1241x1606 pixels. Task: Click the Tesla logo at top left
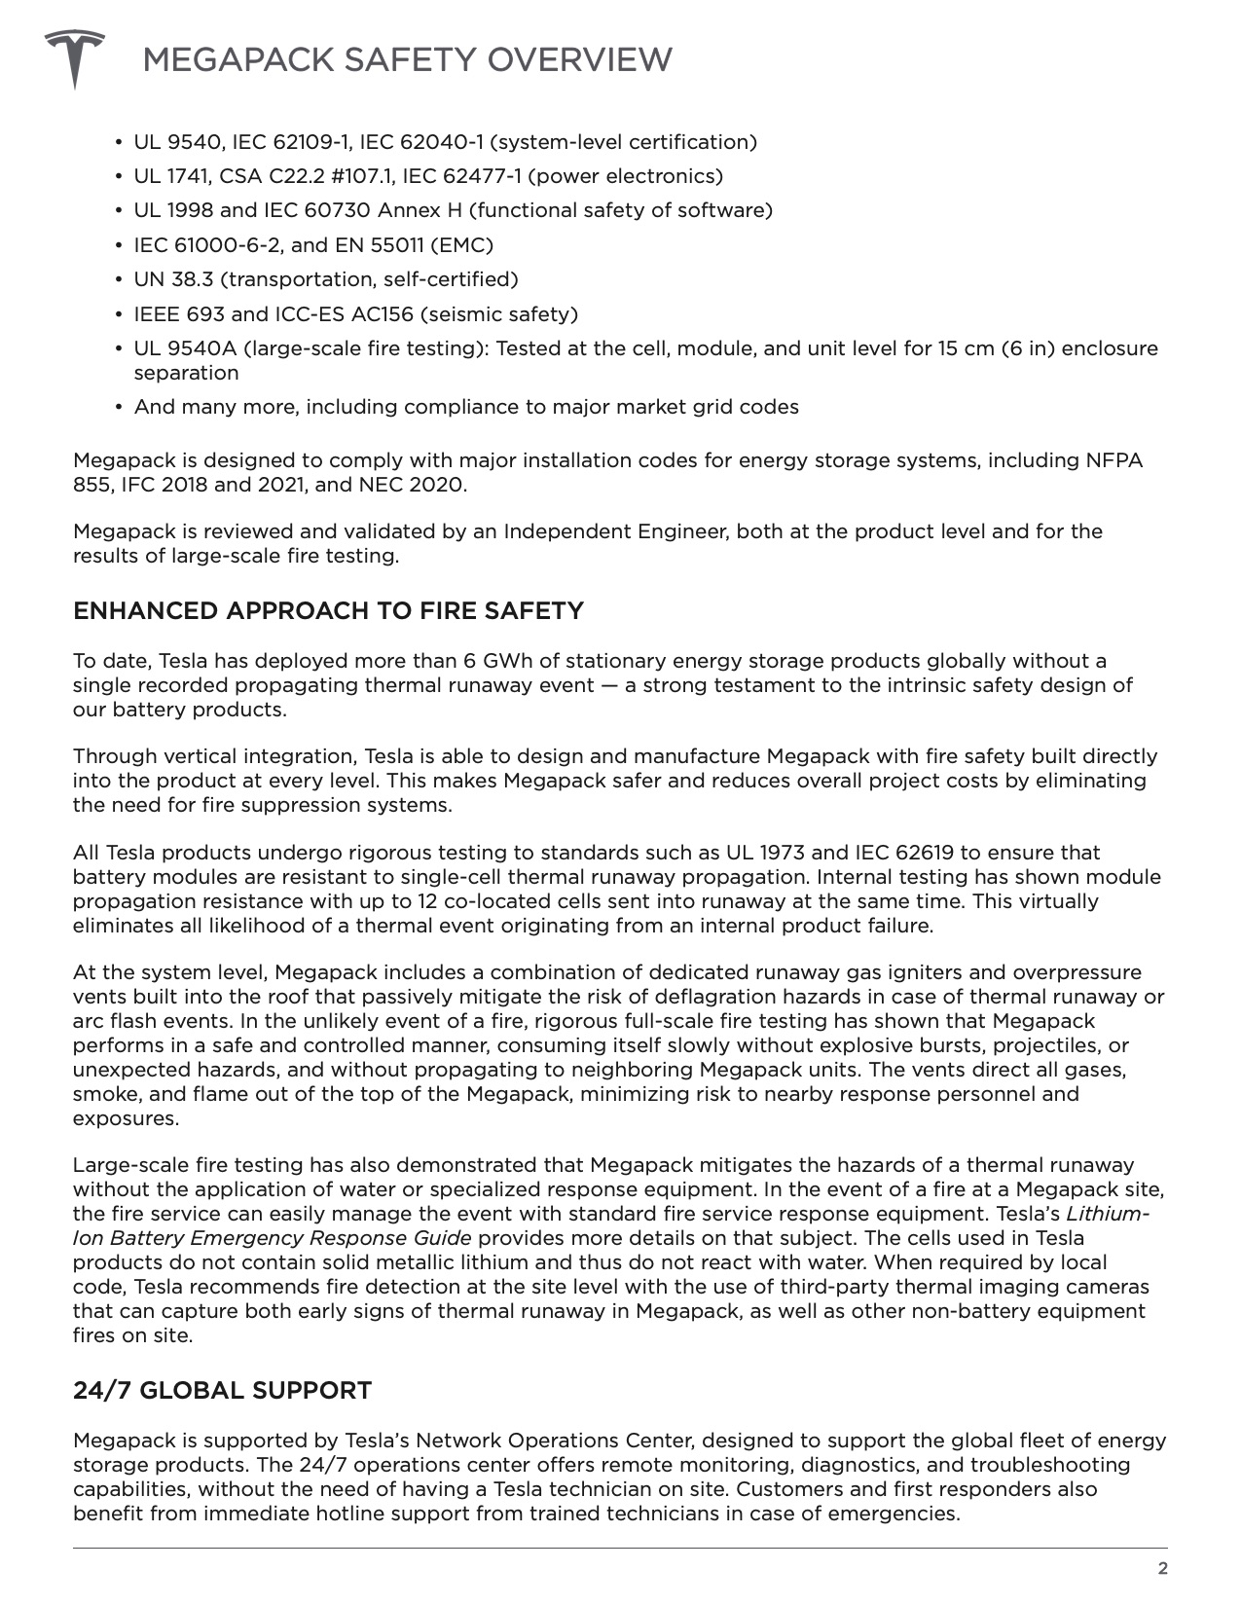pos(74,56)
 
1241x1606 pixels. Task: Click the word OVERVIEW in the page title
pos(578,60)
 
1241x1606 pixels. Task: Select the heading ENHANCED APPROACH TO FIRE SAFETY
pos(328,611)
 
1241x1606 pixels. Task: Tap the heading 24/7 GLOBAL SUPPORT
pos(222,1390)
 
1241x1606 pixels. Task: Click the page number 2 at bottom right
pos(1161,1568)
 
